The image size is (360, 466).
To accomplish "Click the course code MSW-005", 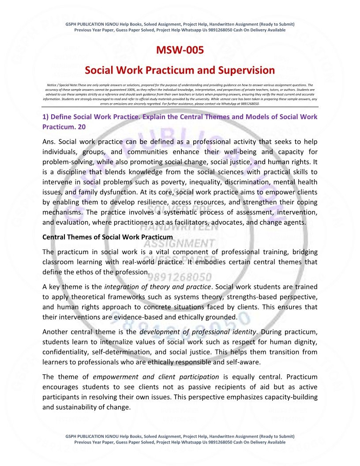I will point(180,50).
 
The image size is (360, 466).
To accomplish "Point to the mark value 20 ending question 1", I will point(81,127).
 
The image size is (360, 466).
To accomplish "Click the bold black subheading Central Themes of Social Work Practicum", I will point(108,237).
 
